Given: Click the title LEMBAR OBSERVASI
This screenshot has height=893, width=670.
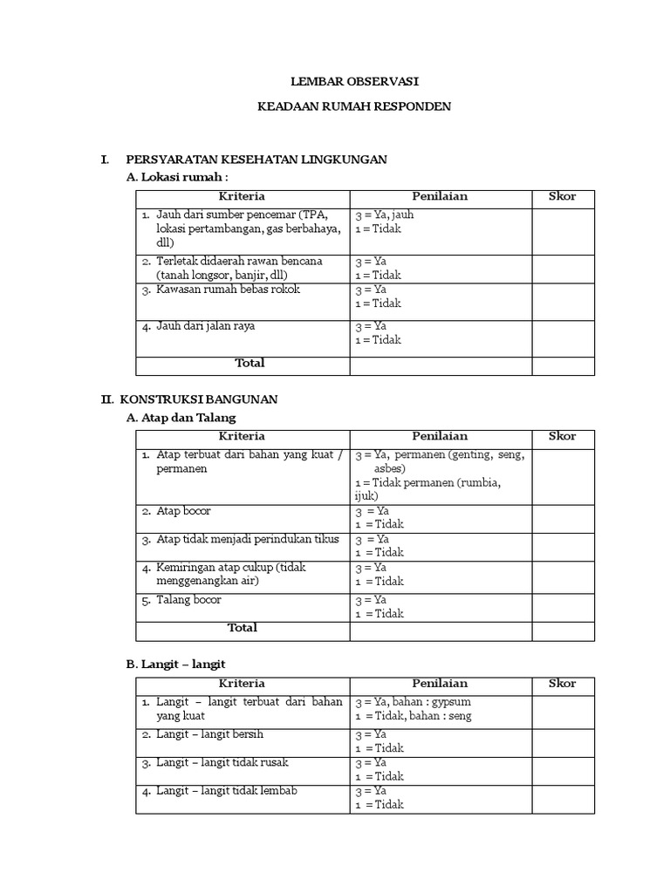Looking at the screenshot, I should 354,81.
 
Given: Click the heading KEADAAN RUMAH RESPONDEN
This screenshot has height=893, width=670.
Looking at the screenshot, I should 354,106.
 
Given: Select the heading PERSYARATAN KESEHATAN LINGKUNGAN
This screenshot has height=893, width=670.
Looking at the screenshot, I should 256,160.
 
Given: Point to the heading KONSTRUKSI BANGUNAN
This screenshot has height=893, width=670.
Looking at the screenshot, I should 199,399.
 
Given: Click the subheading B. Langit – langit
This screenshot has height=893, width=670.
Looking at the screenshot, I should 176,665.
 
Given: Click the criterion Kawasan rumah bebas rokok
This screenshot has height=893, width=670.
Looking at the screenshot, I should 228,290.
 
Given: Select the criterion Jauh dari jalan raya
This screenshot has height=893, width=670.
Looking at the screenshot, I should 206,326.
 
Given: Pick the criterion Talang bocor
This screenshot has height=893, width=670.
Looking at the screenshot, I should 188,600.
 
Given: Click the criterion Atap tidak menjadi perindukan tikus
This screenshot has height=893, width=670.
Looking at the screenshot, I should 247,540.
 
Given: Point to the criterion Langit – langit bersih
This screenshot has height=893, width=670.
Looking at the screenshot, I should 209,734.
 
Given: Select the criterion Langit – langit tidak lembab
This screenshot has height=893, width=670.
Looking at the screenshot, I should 227,791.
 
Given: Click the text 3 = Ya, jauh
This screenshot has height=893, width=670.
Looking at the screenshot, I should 385,215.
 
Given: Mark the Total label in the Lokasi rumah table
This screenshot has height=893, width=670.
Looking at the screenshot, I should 250,363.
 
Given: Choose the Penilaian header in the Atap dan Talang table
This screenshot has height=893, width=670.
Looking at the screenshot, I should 440,436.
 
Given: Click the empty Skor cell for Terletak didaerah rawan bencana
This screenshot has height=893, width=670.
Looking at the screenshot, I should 563,269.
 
